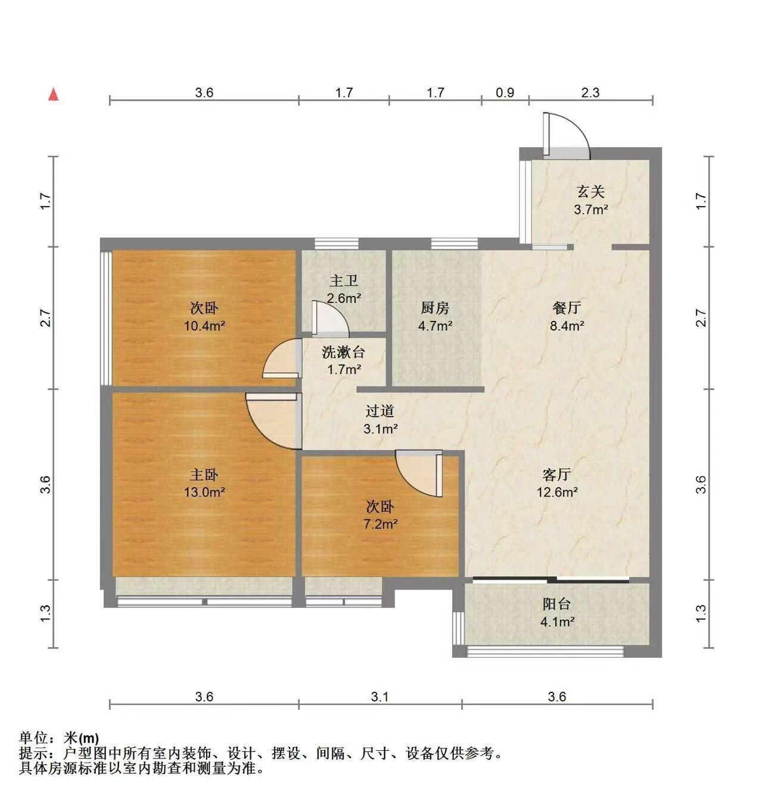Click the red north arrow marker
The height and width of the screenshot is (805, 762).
point(53,95)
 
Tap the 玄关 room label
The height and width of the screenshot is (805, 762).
point(590,192)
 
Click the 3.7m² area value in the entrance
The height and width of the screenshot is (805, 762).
point(590,210)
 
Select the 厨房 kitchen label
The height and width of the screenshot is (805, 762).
point(435,307)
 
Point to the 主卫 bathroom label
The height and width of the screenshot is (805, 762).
point(343,280)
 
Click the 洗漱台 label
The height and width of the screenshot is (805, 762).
point(343,352)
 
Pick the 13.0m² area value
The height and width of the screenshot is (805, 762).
point(204,492)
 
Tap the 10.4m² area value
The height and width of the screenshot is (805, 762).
point(204,326)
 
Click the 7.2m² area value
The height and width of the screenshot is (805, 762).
point(381,524)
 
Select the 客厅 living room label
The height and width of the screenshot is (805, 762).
point(556,475)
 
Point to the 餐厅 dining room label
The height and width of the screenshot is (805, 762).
point(567,307)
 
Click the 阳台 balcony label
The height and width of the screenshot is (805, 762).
point(556,604)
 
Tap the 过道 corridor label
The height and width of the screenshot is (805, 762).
point(380,411)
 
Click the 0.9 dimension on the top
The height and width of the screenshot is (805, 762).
point(505,92)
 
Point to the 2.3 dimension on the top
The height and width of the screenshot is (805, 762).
point(590,92)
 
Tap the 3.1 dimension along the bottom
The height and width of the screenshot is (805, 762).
point(380,697)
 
